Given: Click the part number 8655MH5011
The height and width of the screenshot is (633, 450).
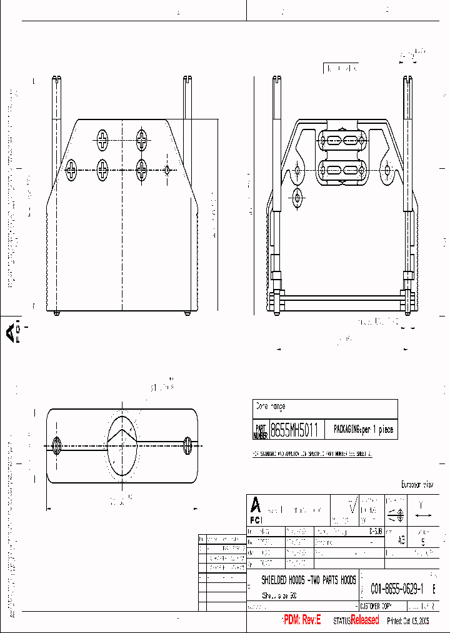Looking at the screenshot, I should tap(294, 430).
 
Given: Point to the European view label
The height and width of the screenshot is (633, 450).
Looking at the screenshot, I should tap(416, 485).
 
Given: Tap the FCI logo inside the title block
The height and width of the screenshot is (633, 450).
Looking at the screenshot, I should tap(256, 510).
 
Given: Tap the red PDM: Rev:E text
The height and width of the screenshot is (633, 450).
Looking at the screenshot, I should tap(302, 620).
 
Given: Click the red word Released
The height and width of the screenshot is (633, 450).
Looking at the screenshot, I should tap(364, 620).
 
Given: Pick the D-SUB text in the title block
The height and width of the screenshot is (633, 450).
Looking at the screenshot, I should tap(375, 530).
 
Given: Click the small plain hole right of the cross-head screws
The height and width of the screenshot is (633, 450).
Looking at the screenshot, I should tap(167, 169).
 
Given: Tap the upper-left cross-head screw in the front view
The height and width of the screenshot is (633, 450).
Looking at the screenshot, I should tap(102, 139).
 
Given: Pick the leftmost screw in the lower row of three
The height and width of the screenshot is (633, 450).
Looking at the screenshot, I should tap(72, 169).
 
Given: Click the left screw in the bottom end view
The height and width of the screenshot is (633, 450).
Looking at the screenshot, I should tap(57, 446).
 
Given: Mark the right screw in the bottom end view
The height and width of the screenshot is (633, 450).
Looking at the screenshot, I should tap(187, 445).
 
